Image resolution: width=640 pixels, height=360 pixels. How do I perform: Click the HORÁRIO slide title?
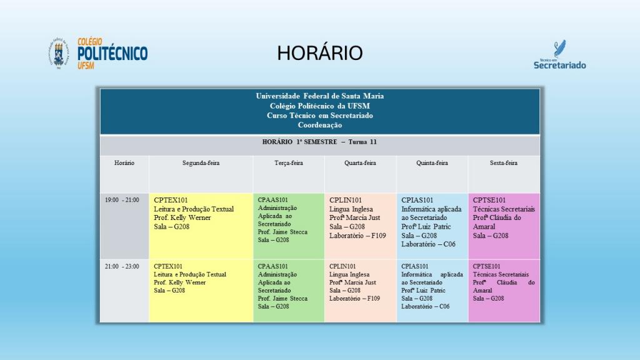pos(319,53)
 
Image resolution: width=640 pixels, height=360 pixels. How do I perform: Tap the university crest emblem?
pos(59,53)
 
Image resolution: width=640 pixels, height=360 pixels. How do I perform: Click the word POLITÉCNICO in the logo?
pos(112,54)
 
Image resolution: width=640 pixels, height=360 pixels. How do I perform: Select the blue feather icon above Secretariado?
pos(559,48)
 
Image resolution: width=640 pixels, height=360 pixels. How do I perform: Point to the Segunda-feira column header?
pos(201,163)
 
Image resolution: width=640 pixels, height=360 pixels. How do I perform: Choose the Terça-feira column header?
pos(289,163)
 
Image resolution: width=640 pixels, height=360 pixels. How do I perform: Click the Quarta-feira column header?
pos(360,163)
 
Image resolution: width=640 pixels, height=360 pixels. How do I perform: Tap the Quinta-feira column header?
pos(432,163)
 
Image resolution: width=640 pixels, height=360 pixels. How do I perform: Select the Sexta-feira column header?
pos(504,163)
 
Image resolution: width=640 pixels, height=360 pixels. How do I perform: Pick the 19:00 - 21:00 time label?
pos(122,200)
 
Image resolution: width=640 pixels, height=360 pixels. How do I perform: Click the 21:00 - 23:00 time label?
pos(122,266)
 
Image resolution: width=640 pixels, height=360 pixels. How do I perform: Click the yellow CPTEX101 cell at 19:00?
pos(201,226)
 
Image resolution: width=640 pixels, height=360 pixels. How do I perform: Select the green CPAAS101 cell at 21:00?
pos(289,291)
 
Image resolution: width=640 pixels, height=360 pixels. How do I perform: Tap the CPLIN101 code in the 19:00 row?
pos(345,200)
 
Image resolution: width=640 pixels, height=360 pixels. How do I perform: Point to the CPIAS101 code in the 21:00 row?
pos(415,266)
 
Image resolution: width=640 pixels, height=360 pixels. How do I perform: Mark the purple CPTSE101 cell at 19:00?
pos(504,226)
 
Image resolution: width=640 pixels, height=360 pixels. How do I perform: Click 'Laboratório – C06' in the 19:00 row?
pos(428,244)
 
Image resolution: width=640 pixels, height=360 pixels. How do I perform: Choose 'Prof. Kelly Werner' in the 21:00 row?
pos(179,282)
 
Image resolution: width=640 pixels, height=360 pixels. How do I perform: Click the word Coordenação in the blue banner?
pos(319,125)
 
